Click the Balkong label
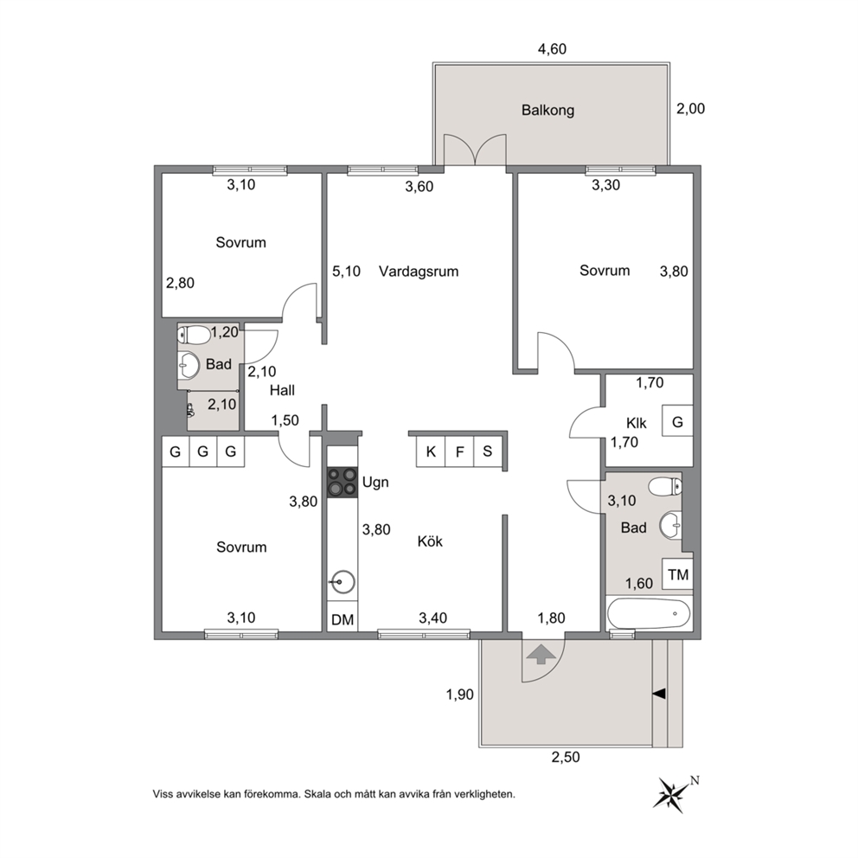coord(547,111)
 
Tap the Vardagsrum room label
coord(419,272)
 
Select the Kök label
coord(430,541)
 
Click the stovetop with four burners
coord(342,482)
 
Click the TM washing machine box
coord(677,574)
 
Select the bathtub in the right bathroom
coord(649,613)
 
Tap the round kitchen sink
coord(343,582)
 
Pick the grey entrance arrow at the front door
coord(541,654)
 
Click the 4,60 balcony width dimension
coord(552,49)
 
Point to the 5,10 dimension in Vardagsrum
coord(346,272)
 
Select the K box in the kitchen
coord(431,451)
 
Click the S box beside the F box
coord(488,451)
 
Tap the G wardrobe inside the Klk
coord(677,421)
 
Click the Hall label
coord(282,390)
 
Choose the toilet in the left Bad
coord(195,335)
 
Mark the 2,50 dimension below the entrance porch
coord(566,758)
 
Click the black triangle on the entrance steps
coord(659,694)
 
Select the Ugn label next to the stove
coord(375,483)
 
